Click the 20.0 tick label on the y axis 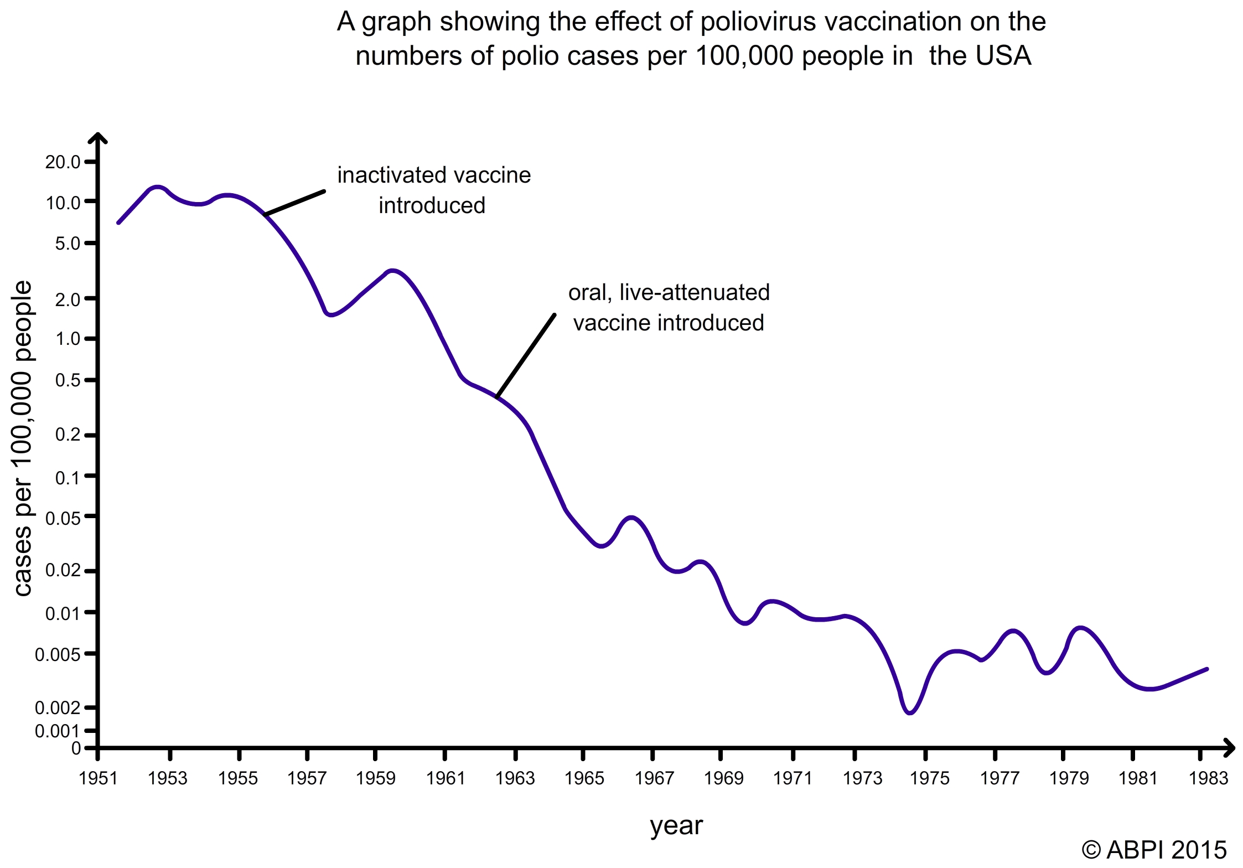point(63,162)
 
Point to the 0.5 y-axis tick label point(68,380)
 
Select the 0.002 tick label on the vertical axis point(58,707)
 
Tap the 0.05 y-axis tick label point(63,518)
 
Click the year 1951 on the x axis point(98,778)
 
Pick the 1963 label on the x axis point(515,778)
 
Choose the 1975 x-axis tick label point(930,778)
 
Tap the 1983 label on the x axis point(1208,778)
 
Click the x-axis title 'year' point(676,826)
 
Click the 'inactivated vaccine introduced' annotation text point(434,190)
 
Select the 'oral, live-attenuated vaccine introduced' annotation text point(669,307)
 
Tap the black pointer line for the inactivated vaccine point(295,203)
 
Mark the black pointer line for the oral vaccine point(526,355)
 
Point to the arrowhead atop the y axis point(98,137)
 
